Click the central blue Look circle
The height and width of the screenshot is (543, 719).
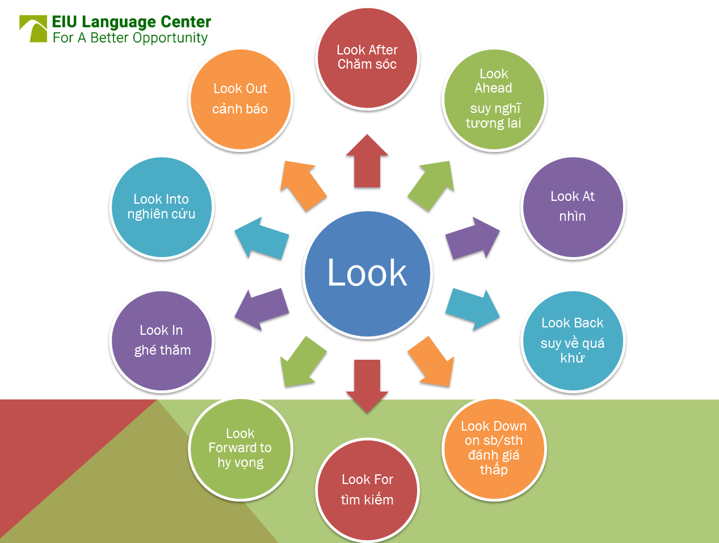(367, 274)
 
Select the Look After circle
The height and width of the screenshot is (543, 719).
(367, 58)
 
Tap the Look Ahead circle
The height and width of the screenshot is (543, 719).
(494, 100)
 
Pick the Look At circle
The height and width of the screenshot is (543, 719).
(573, 207)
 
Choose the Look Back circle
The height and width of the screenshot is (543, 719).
(573, 341)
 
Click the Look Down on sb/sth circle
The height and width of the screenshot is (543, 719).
(494, 449)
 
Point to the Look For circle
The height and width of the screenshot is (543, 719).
(367, 490)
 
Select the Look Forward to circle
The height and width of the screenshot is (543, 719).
(241, 449)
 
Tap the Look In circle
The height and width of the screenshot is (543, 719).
(162, 341)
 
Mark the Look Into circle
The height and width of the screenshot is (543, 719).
(162, 207)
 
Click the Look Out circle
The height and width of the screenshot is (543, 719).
(241, 100)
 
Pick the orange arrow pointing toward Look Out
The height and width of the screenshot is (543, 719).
(302, 186)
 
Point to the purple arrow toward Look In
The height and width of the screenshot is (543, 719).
(261, 309)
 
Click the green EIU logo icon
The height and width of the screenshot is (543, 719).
(33, 28)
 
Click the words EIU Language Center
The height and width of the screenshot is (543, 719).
(131, 22)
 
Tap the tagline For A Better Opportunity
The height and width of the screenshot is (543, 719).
(130, 38)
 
